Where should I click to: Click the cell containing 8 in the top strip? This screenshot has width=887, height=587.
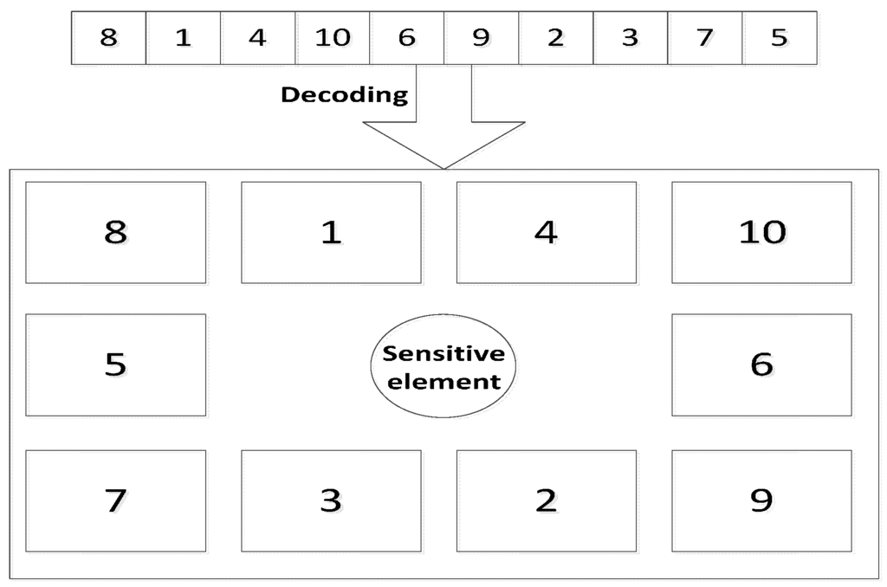point(108,38)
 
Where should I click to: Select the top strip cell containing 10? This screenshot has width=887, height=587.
point(333,38)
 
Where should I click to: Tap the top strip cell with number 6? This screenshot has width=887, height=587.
point(407,38)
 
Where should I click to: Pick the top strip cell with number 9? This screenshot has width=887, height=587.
point(482,38)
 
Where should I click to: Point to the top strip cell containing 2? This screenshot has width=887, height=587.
point(556,38)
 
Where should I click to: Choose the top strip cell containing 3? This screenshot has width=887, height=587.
point(631,38)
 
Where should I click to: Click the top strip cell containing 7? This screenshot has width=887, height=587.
point(705,38)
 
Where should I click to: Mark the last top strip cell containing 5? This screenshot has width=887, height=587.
point(780,38)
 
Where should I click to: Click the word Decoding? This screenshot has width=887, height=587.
point(344,94)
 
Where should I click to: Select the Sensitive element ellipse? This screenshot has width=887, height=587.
point(443,366)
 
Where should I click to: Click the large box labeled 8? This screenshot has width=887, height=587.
point(115,232)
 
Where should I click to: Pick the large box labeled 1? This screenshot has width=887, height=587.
point(331,232)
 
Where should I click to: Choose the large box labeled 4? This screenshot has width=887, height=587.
point(546,232)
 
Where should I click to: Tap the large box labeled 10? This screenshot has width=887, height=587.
point(761,232)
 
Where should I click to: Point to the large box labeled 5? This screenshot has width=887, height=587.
point(115,364)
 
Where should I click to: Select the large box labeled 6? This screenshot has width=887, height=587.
point(761,364)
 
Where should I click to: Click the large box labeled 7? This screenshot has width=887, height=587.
point(115,500)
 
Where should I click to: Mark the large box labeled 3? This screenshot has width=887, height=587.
point(331,500)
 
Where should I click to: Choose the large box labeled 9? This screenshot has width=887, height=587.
point(761,500)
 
